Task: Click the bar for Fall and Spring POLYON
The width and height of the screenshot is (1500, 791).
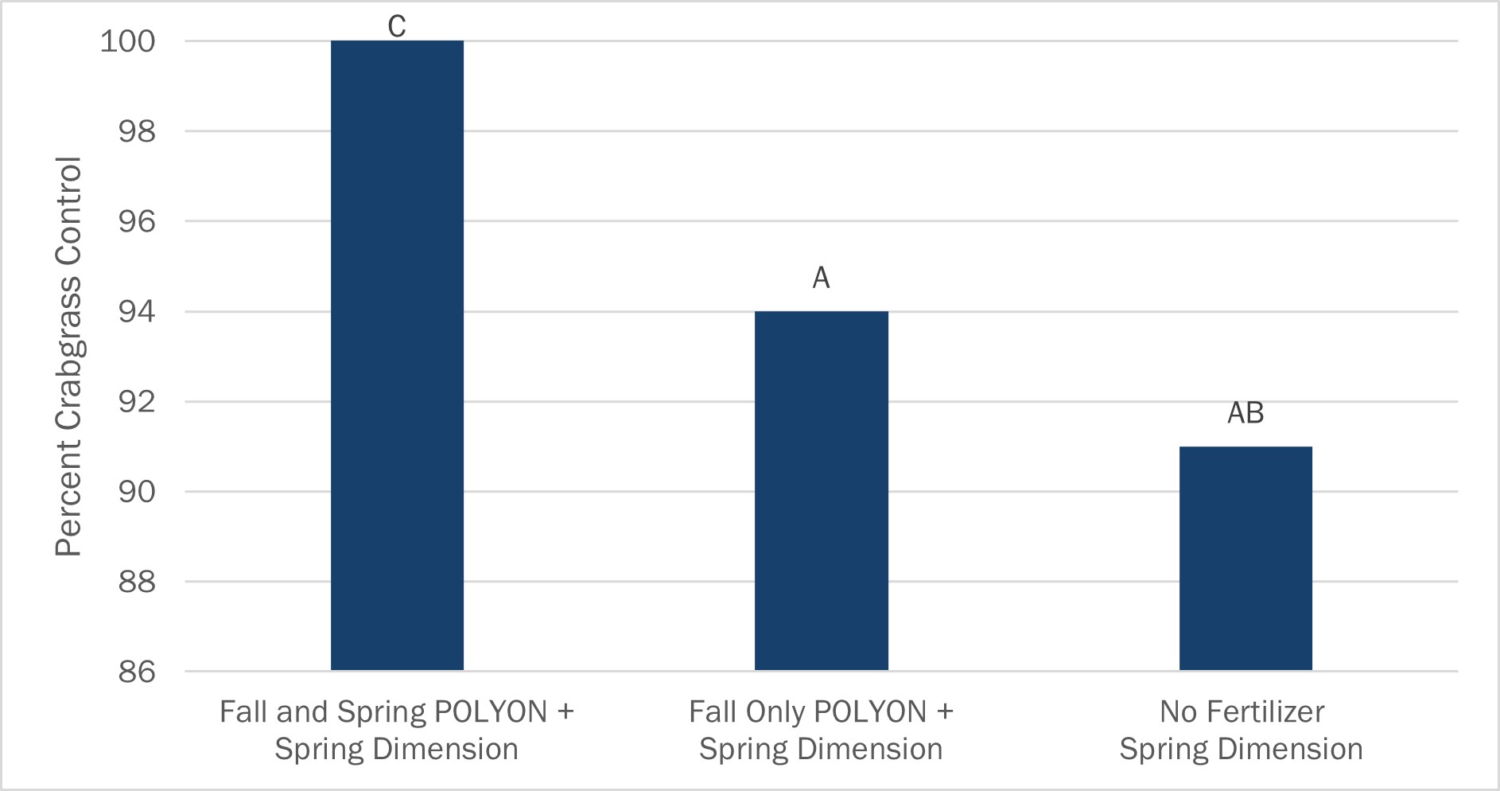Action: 397,356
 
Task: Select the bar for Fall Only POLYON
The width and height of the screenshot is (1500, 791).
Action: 821,491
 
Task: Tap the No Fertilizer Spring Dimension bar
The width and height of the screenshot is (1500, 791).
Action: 1245,559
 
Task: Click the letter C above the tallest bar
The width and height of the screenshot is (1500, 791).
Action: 397,26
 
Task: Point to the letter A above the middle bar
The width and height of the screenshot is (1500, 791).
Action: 821,278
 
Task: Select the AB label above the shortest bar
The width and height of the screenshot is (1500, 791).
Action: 1245,413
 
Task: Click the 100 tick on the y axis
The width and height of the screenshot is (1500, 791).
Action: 127,41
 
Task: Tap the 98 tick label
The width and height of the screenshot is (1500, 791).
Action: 137,131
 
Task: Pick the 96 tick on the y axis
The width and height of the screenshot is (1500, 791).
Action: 137,221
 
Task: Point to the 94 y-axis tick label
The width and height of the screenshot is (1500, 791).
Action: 137,312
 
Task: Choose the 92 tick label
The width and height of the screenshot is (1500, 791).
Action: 137,402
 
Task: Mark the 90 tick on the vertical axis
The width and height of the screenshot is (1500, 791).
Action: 137,492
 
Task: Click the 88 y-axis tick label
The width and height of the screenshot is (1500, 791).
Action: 137,582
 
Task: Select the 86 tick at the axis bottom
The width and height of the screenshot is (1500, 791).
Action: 137,672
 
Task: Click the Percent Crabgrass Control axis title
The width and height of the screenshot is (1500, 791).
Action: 69,357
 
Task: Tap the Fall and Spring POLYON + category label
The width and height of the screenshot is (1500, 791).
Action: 397,711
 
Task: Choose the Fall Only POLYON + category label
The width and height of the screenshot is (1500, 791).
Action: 821,711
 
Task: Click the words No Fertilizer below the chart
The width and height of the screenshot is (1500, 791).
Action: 1242,711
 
